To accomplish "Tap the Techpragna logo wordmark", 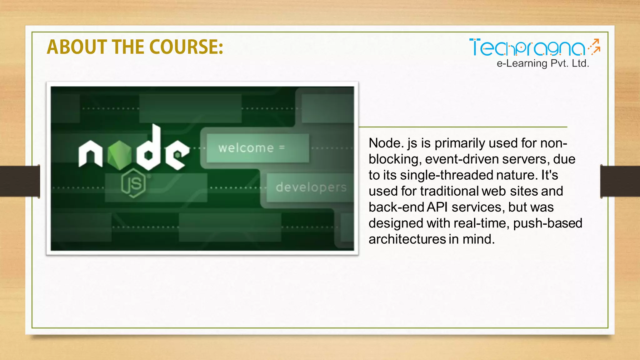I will point(527,48).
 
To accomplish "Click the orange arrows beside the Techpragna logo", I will point(594,47).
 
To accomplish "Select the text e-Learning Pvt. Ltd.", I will point(543,63).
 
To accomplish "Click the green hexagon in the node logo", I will point(119,155).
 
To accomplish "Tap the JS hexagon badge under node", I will point(134,183).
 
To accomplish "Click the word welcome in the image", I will point(246,148).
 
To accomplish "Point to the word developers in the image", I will point(311,187).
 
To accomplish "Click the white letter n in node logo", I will point(90,154).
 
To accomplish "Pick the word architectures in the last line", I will point(407,239).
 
